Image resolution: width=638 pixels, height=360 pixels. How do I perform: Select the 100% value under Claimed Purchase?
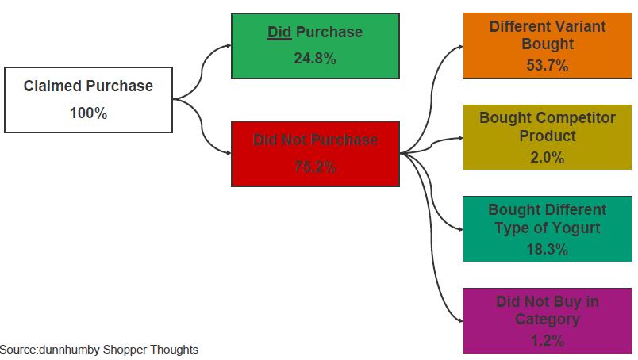pyautogui.click(x=88, y=113)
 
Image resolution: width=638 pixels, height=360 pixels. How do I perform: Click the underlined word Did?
pyautogui.click(x=278, y=33)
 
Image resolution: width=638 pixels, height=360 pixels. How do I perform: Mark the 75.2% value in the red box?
pyautogui.click(x=315, y=167)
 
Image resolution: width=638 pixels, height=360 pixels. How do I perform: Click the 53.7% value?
pyautogui.click(x=547, y=66)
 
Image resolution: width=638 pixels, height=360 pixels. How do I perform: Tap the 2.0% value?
pyautogui.click(x=547, y=158)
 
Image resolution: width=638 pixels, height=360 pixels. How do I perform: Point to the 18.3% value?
pyautogui.click(x=547, y=249)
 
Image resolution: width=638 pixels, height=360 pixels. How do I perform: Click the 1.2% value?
pyautogui.click(x=547, y=341)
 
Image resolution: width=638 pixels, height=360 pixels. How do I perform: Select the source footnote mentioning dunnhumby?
pyautogui.click(x=98, y=349)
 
